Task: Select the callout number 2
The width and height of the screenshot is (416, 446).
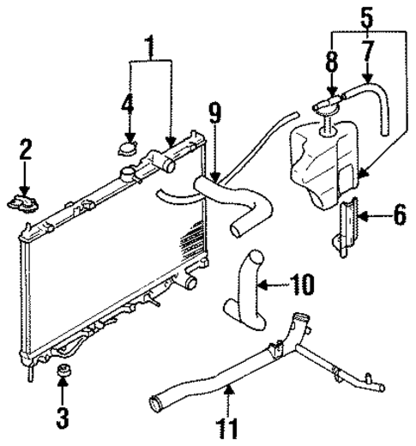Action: click(x=26, y=152)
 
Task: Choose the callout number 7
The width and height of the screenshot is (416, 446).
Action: click(x=367, y=58)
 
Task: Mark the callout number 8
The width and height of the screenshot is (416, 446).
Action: click(x=332, y=63)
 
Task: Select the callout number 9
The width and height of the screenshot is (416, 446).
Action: click(x=214, y=114)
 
